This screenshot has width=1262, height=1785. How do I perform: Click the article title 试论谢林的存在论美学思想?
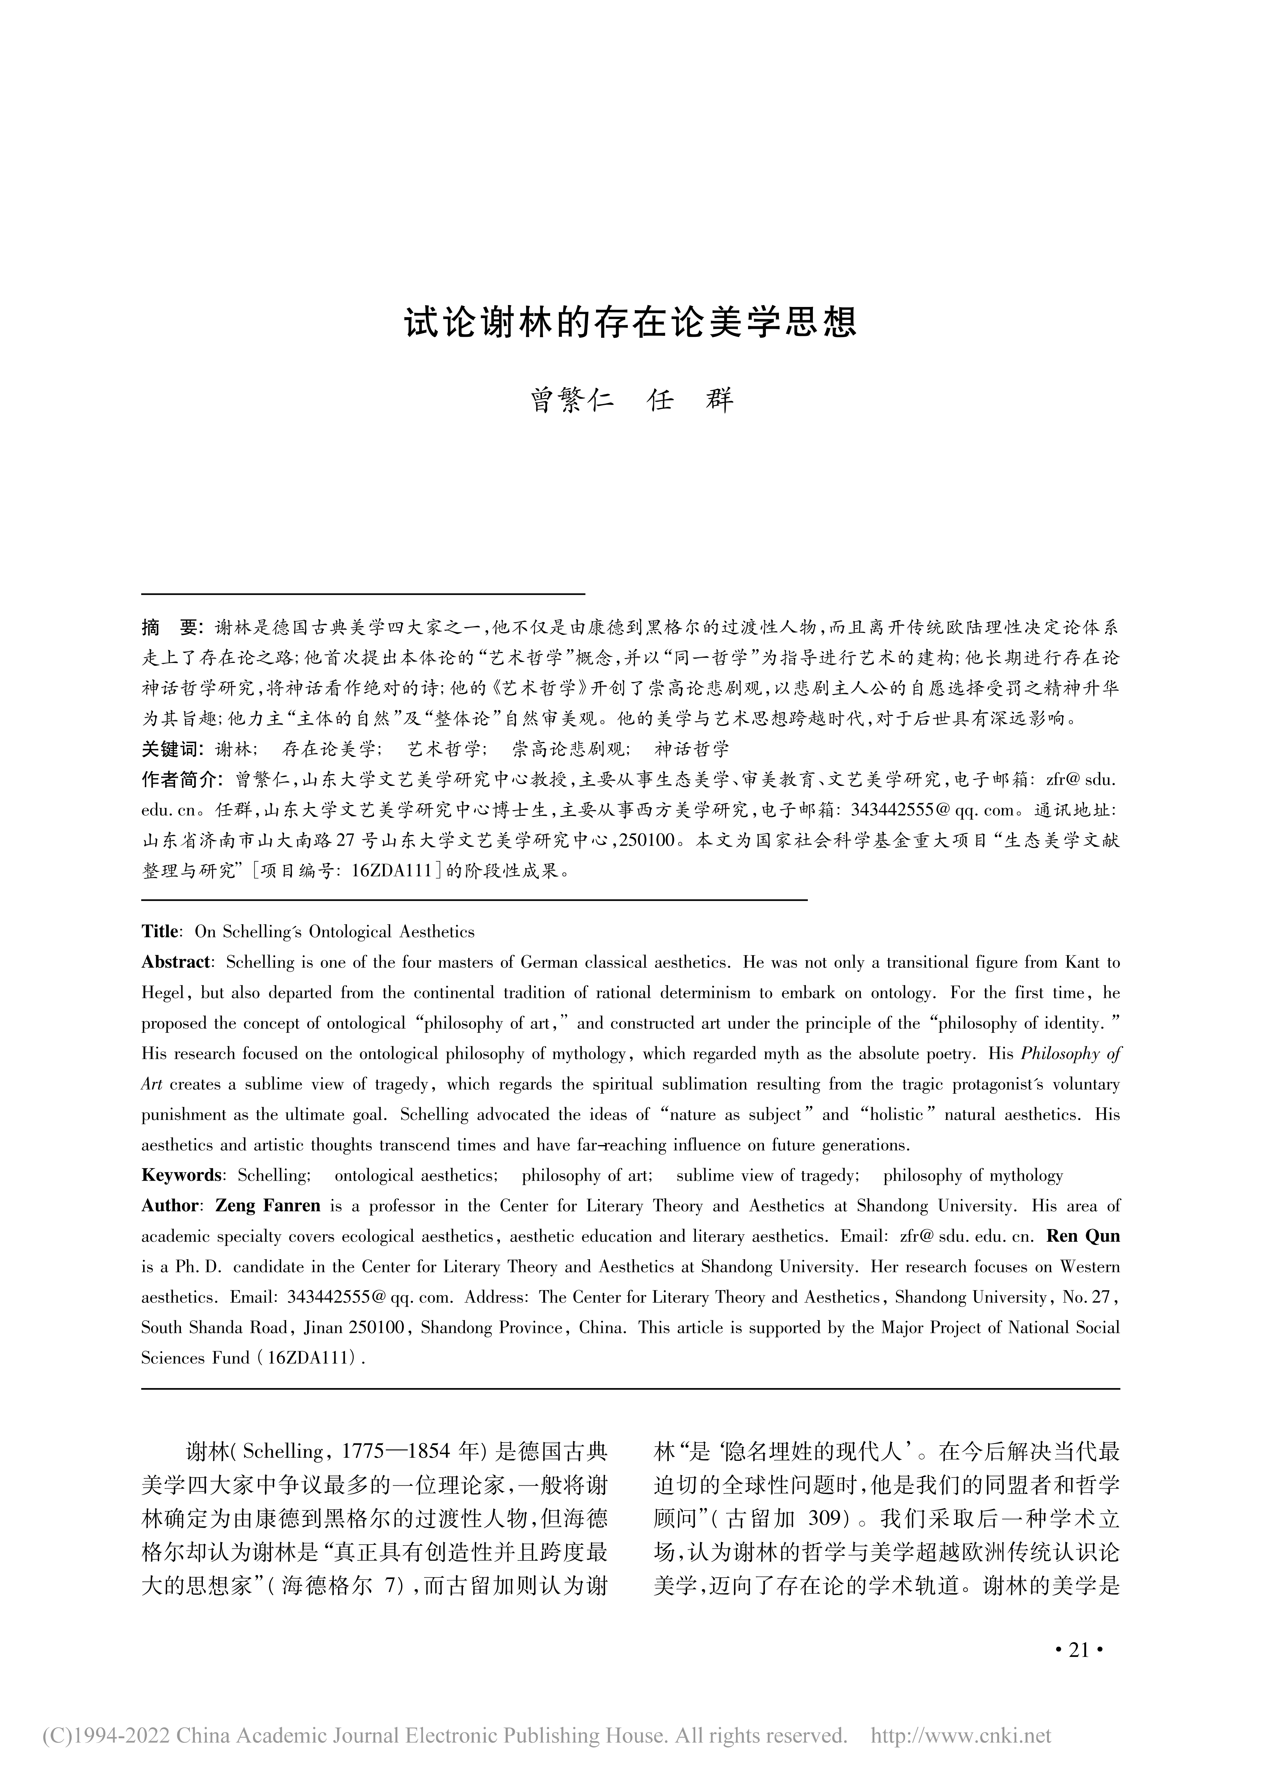pyautogui.click(x=631, y=322)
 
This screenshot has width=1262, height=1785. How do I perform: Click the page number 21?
pyautogui.click(x=1078, y=1671)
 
